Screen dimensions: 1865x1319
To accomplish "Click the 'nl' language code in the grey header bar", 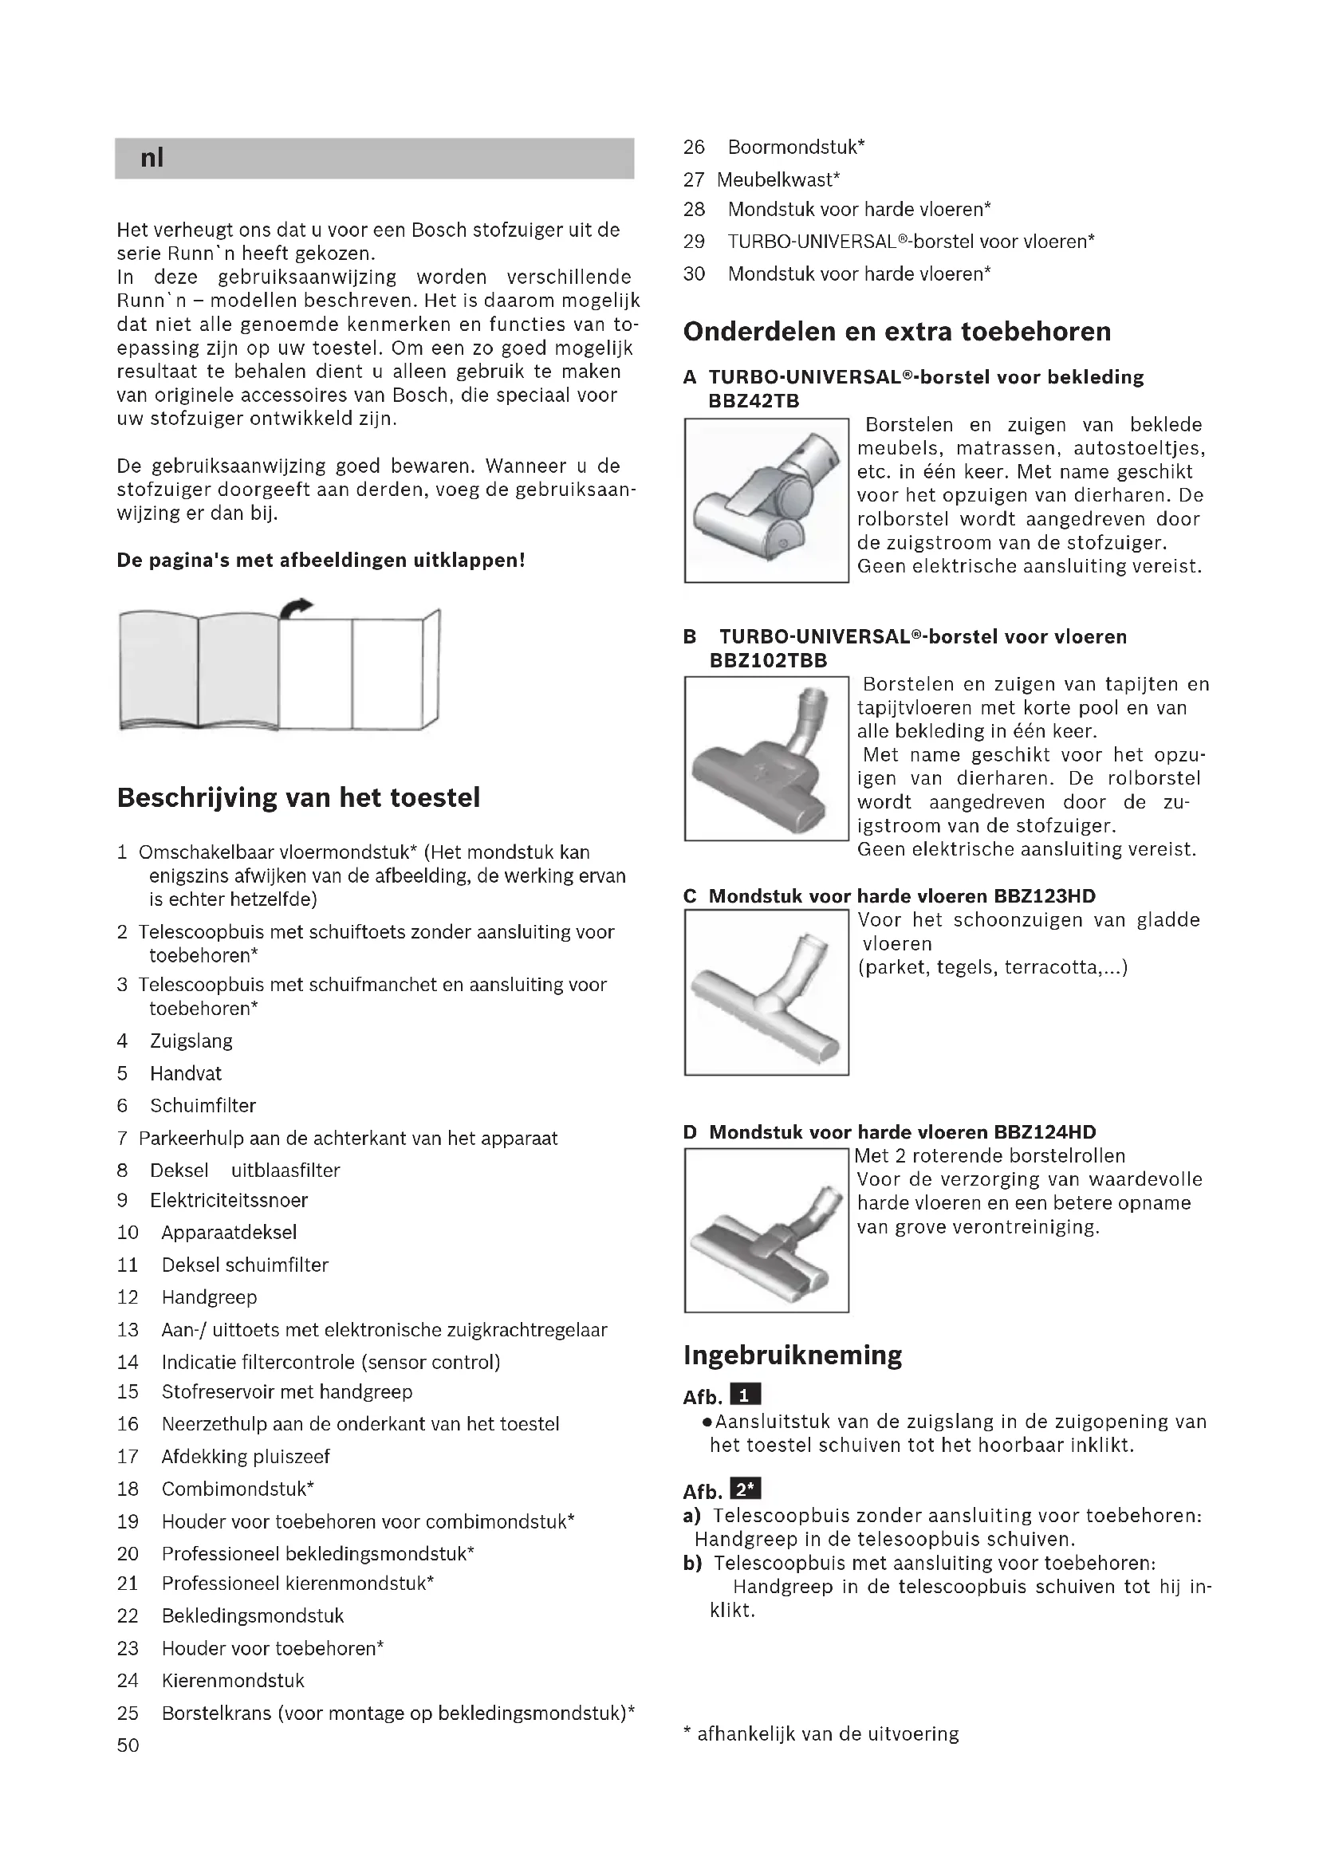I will (152, 158).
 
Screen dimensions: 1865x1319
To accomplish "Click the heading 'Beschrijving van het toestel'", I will (298, 797).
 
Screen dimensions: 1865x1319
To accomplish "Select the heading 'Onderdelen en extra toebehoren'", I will (896, 332).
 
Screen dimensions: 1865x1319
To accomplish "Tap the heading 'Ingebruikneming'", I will (792, 1355).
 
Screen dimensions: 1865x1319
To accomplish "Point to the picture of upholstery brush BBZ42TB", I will (766, 501).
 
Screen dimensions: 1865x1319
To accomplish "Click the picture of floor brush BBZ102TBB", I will (766, 758).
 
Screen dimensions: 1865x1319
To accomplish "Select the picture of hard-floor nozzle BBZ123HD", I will (766, 993).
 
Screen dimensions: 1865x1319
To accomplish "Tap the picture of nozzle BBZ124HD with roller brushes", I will (766, 1230).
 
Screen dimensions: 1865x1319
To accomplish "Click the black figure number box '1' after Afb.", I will (746, 1395).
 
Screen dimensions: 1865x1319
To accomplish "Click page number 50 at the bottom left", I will (128, 1745).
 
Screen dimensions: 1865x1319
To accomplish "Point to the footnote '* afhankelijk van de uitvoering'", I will (821, 1734).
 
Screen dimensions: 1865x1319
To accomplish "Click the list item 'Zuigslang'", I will (191, 1041).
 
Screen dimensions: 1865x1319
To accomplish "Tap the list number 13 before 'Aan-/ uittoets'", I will (128, 1330).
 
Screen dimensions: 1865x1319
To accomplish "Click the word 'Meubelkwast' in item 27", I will (778, 179).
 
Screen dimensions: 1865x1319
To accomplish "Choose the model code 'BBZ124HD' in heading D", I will (1044, 1132).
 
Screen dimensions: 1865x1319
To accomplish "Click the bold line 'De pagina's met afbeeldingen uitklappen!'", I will (321, 561).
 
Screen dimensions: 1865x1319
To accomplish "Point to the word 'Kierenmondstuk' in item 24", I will (233, 1681).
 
